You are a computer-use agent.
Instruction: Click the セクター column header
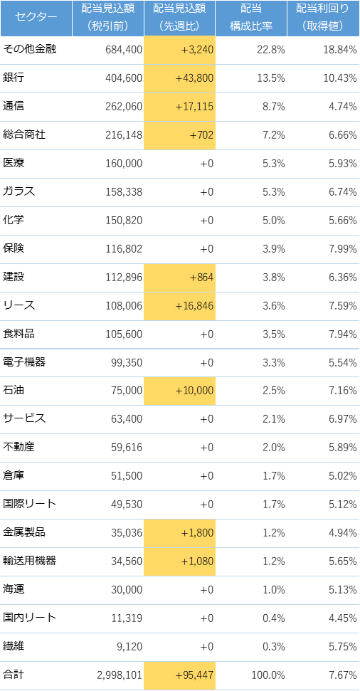[36, 18]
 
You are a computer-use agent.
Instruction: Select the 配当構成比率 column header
[251, 18]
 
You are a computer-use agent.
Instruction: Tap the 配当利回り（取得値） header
[324, 18]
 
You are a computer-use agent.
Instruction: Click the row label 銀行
[14, 78]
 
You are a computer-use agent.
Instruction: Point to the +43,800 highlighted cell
[179, 78]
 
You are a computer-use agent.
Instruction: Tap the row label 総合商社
[24, 134]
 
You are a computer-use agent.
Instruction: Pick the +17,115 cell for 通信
[179, 107]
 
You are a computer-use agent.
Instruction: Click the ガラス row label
[19, 191]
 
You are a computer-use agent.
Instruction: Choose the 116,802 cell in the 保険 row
[124, 249]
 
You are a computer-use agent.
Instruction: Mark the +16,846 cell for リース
[179, 306]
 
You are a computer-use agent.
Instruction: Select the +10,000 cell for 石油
[179, 391]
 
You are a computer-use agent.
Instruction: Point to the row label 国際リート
[29, 504]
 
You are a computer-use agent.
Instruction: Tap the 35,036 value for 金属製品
[127, 533]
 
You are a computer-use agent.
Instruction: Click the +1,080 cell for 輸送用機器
[179, 561]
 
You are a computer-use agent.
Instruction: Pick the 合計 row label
[14, 674]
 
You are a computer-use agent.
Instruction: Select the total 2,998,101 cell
[119, 675]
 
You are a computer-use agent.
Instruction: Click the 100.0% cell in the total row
[268, 675]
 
